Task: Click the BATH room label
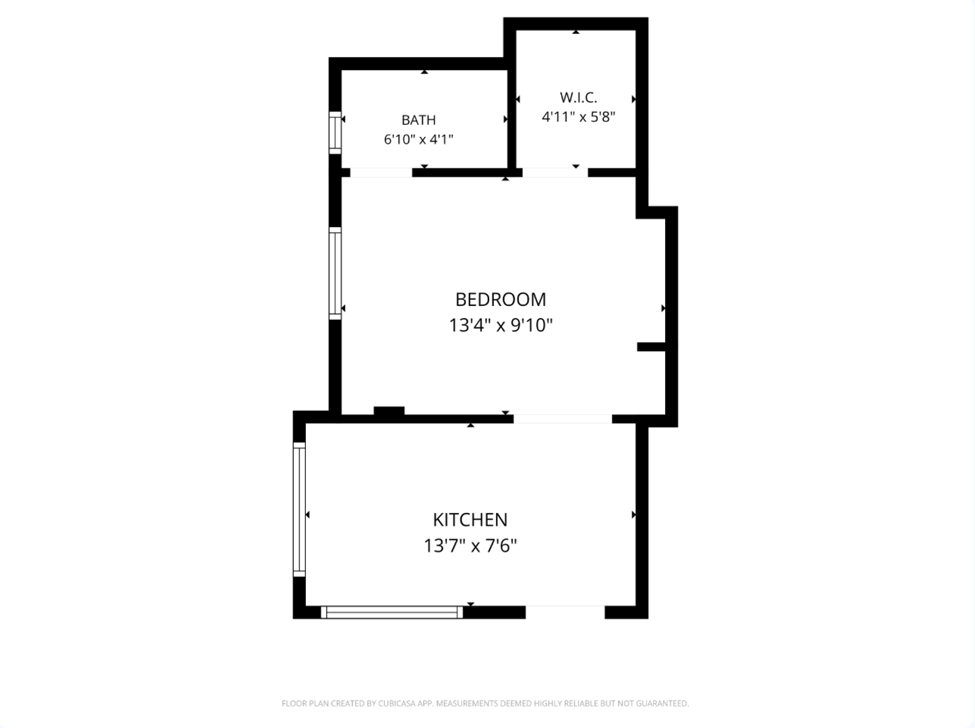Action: [418, 120]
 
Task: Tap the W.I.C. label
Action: [578, 97]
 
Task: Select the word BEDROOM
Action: [501, 300]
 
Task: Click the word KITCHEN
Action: [470, 520]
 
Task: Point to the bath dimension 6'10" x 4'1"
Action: [418, 140]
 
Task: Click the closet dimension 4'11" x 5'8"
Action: [578, 117]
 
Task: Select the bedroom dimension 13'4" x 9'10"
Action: [501, 325]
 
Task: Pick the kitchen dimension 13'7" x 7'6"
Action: [470, 545]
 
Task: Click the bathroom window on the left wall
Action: [335, 133]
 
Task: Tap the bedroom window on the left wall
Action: [335, 273]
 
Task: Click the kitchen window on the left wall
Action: [299, 510]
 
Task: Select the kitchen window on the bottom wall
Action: [391, 612]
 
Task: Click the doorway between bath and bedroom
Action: [381, 173]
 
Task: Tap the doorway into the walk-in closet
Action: [555, 173]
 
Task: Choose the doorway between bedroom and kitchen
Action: [563, 419]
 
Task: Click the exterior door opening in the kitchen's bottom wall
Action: [565, 612]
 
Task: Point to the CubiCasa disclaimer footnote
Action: [485, 703]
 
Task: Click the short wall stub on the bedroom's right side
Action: [651, 347]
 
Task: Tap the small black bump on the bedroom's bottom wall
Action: [389, 411]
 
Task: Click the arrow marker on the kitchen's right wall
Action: [634, 515]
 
